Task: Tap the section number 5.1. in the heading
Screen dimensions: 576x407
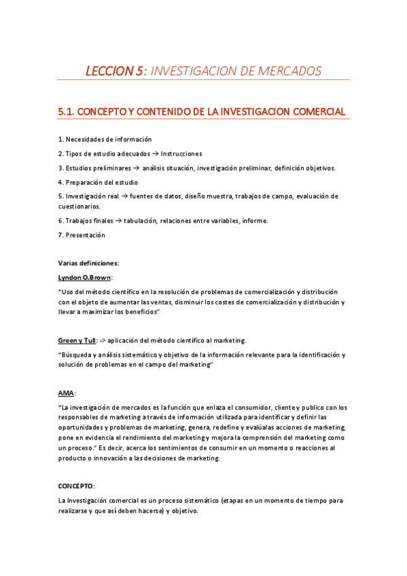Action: (x=69, y=111)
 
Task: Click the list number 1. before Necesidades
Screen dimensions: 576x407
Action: (x=60, y=139)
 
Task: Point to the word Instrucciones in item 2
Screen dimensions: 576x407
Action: (x=181, y=154)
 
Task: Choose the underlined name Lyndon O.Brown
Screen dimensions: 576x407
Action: (x=85, y=277)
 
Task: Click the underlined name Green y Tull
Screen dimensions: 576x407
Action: (x=77, y=340)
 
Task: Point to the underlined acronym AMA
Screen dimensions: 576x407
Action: (x=66, y=393)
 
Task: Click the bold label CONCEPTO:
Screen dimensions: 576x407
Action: (x=76, y=486)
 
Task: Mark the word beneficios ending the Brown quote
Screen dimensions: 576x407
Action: (x=139, y=311)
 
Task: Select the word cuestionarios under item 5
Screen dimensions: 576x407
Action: (x=80, y=206)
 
